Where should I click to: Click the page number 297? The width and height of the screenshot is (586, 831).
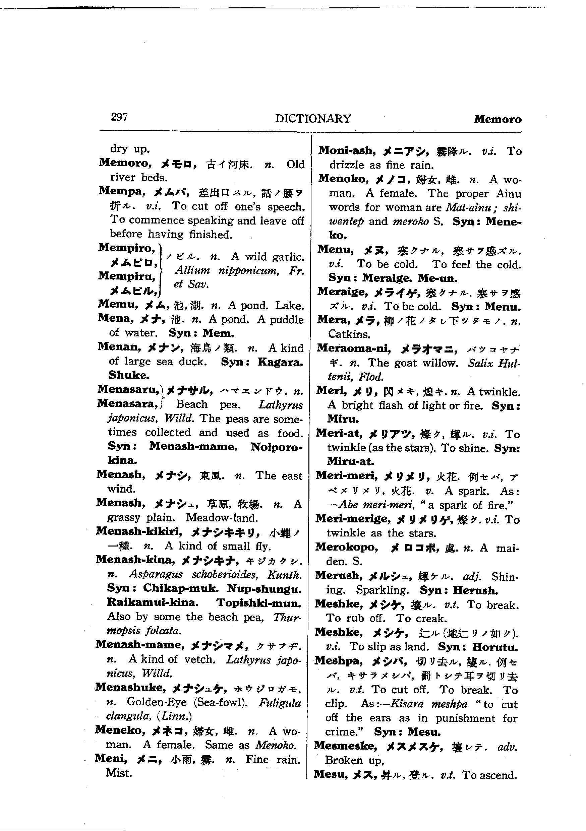click(x=119, y=117)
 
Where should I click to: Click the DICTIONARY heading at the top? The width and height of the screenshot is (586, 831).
click(x=313, y=119)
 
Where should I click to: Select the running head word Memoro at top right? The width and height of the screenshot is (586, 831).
click(x=497, y=119)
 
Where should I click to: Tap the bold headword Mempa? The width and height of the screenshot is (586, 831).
click(x=122, y=191)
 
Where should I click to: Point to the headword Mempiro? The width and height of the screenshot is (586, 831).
click(x=126, y=248)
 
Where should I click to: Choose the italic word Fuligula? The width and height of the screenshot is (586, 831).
click(x=280, y=703)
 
